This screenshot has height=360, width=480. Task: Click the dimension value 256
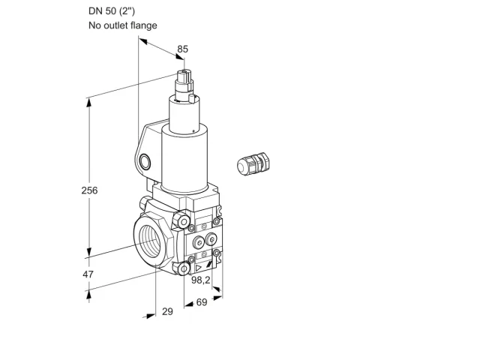click(x=89, y=190)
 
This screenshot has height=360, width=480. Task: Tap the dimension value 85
click(x=183, y=49)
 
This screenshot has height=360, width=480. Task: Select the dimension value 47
click(x=88, y=274)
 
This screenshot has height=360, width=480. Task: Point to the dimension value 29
click(x=167, y=312)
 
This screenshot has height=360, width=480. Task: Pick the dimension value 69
click(x=202, y=302)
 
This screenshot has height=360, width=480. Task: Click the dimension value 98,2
click(x=201, y=280)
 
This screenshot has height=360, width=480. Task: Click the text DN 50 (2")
click(x=112, y=11)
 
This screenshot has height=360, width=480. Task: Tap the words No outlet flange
click(x=123, y=25)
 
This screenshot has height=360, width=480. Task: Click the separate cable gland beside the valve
click(x=253, y=163)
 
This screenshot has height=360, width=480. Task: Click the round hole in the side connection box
click(x=145, y=162)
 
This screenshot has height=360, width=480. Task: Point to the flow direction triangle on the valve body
click(x=199, y=268)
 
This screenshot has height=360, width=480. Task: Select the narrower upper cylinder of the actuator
click(x=184, y=114)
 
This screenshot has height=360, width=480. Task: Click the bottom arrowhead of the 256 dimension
click(x=89, y=252)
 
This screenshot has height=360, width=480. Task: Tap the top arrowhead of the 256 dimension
click(x=89, y=103)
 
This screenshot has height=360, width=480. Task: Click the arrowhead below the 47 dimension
click(x=88, y=295)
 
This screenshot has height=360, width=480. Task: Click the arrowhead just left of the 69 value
click(x=189, y=304)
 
